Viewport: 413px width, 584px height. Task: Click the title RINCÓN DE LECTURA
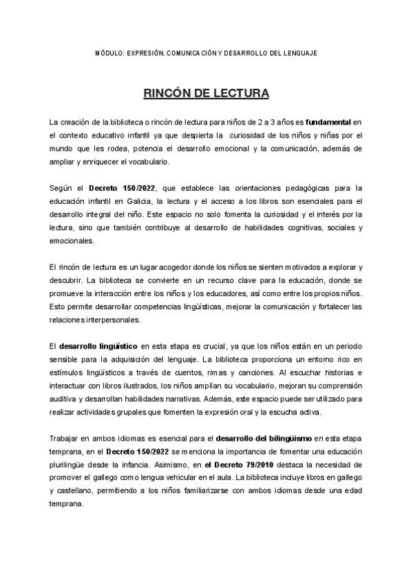pyautogui.click(x=206, y=92)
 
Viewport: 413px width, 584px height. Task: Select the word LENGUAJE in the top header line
pyautogui.click(x=300, y=53)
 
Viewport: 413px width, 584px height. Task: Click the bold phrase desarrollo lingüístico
pyautogui.click(x=97, y=346)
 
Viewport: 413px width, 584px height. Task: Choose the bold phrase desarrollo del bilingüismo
pyautogui.click(x=264, y=439)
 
